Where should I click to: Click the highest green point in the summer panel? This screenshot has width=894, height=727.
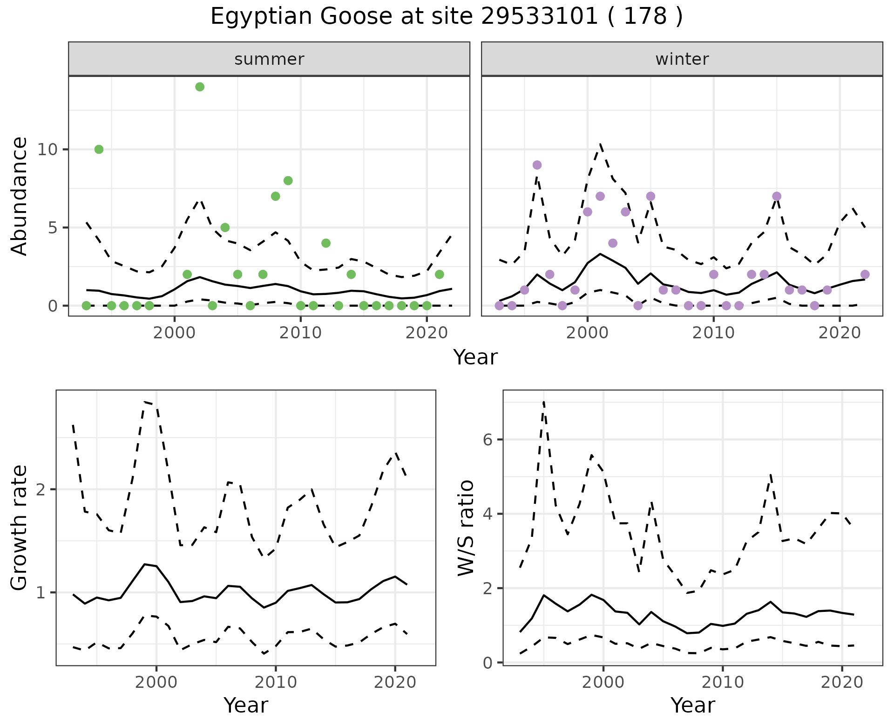click(200, 87)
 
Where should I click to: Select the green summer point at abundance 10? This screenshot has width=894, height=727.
click(99, 149)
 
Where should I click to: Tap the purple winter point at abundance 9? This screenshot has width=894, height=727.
click(537, 165)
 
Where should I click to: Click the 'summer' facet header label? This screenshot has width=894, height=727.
click(269, 59)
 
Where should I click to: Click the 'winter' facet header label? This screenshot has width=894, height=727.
click(682, 59)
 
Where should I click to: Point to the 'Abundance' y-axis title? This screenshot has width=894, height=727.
click(20, 196)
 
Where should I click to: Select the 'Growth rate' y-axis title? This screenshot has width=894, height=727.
click(20, 528)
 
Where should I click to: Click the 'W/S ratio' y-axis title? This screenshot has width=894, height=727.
click(466, 528)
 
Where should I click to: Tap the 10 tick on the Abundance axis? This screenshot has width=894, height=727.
click(48, 150)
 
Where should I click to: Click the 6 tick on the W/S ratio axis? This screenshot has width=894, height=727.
click(489, 440)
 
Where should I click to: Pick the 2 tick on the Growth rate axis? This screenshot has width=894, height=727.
click(42, 490)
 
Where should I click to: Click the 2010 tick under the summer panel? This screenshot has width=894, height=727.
click(300, 333)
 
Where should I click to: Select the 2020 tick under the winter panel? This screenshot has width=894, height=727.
click(839, 333)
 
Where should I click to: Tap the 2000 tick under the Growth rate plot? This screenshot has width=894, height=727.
click(156, 682)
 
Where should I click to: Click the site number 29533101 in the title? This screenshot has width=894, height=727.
click(539, 17)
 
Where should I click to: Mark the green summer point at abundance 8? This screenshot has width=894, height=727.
click(288, 181)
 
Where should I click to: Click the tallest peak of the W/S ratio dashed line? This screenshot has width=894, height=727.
click(543, 401)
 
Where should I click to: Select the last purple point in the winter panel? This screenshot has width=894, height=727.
click(865, 274)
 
